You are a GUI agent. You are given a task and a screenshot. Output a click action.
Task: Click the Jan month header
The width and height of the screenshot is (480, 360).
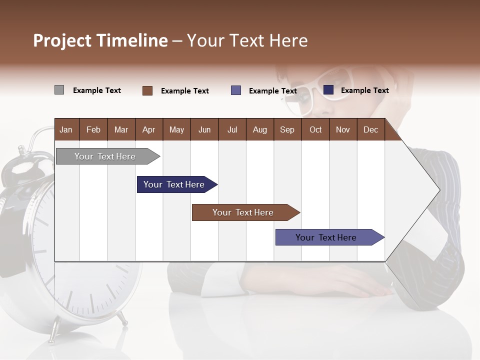[66, 129]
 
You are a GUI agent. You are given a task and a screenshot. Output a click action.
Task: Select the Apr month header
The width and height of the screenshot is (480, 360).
[148, 129]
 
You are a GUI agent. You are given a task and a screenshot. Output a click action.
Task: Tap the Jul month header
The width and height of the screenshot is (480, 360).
[232, 129]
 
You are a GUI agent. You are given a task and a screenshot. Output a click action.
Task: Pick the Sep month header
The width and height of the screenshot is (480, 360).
[287, 129]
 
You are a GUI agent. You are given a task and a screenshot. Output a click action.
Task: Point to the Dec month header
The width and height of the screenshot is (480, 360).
[370, 129]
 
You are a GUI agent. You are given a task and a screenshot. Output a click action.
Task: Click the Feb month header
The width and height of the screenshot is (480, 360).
[93, 129]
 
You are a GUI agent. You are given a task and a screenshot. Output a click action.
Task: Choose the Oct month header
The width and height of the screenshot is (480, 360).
[315, 129]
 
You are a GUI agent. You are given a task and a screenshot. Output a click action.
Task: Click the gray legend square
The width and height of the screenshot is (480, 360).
[59, 90]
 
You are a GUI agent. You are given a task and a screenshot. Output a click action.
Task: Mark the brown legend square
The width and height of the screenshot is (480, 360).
[147, 90]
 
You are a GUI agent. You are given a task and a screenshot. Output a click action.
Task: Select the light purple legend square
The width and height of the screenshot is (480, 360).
[236, 90]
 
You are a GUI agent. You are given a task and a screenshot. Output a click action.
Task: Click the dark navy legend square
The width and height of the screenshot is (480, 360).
[328, 90]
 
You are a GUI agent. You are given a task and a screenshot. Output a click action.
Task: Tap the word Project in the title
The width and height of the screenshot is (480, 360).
[62, 40]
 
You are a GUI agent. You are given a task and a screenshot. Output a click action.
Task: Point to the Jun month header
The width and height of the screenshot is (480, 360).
[204, 129]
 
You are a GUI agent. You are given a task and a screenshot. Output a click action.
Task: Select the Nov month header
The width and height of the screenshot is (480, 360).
[342, 129]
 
